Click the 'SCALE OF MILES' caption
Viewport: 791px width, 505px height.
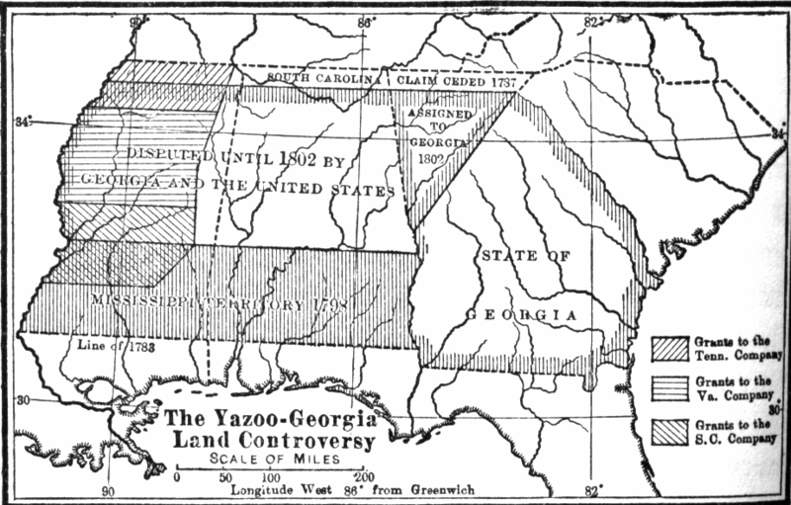pyautogui.click(x=268, y=459)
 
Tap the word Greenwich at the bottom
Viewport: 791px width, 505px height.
pyautogui.click(x=439, y=489)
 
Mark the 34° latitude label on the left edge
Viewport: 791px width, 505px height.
pyautogui.click(x=23, y=122)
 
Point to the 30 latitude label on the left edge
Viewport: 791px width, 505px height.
pyautogui.click(x=23, y=400)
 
